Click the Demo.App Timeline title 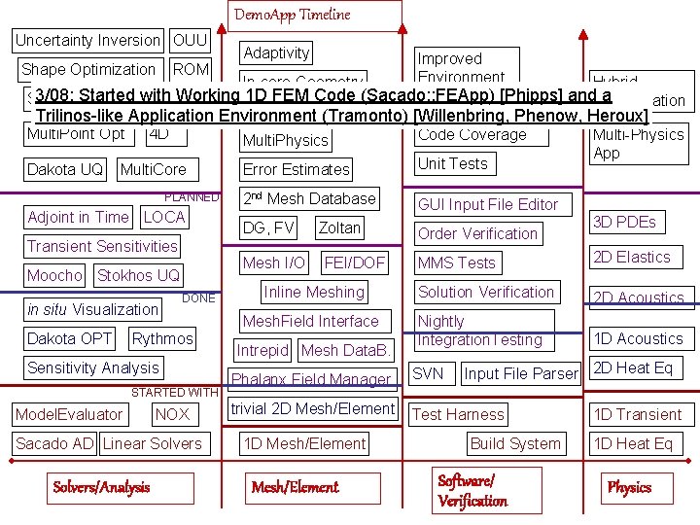click(x=293, y=15)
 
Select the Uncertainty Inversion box click(x=87, y=41)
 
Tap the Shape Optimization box click(x=88, y=70)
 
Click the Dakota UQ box click(x=65, y=169)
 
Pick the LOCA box click(x=164, y=218)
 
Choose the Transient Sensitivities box click(x=102, y=247)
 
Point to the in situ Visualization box click(x=92, y=310)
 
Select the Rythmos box click(x=162, y=339)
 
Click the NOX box click(x=173, y=415)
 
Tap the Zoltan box click(x=339, y=228)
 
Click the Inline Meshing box click(x=314, y=293)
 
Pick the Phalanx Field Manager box click(x=311, y=380)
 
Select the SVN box click(x=428, y=374)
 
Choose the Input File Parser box click(x=520, y=374)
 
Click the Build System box click(x=515, y=444)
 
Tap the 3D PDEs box click(x=624, y=223)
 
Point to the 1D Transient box click(x=638, y=415)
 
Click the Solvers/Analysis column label click(x=101, y=487)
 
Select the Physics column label click(x=629, y=487)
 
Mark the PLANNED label click(x=192, y=197)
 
